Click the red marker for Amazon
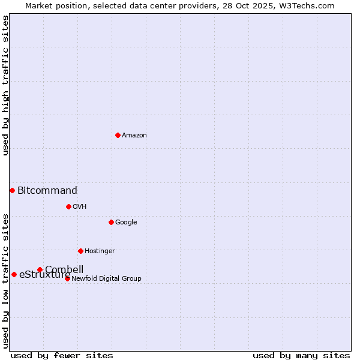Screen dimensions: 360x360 [x=118, y=135]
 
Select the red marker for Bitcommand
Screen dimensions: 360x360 [x=12, y=190]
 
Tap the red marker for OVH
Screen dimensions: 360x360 [x=68, y=206]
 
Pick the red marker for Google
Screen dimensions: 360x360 [x=111, y=222]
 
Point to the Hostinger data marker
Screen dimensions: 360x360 [x=80, y=251]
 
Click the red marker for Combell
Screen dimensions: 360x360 [x=40, y=269]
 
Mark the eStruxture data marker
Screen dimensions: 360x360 [x=14, y=274]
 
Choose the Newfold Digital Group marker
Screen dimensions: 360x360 [x=67, y=278]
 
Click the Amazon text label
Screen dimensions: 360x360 [x=134, y=136]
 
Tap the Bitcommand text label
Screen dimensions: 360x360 [x=47, y=191]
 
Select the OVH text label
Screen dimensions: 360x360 [x=80, y=207]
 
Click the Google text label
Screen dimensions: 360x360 [x=126, y=223]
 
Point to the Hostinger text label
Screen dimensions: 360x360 [x=100, y=251]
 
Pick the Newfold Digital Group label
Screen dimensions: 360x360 [x=106, y=279]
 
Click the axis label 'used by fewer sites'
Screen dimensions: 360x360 [x=62, y=355]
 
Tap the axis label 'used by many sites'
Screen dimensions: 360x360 [x=301, y=355]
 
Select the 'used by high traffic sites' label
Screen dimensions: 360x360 [x=5, y=85]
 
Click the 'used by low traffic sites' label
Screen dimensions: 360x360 [x=5, y=280]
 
